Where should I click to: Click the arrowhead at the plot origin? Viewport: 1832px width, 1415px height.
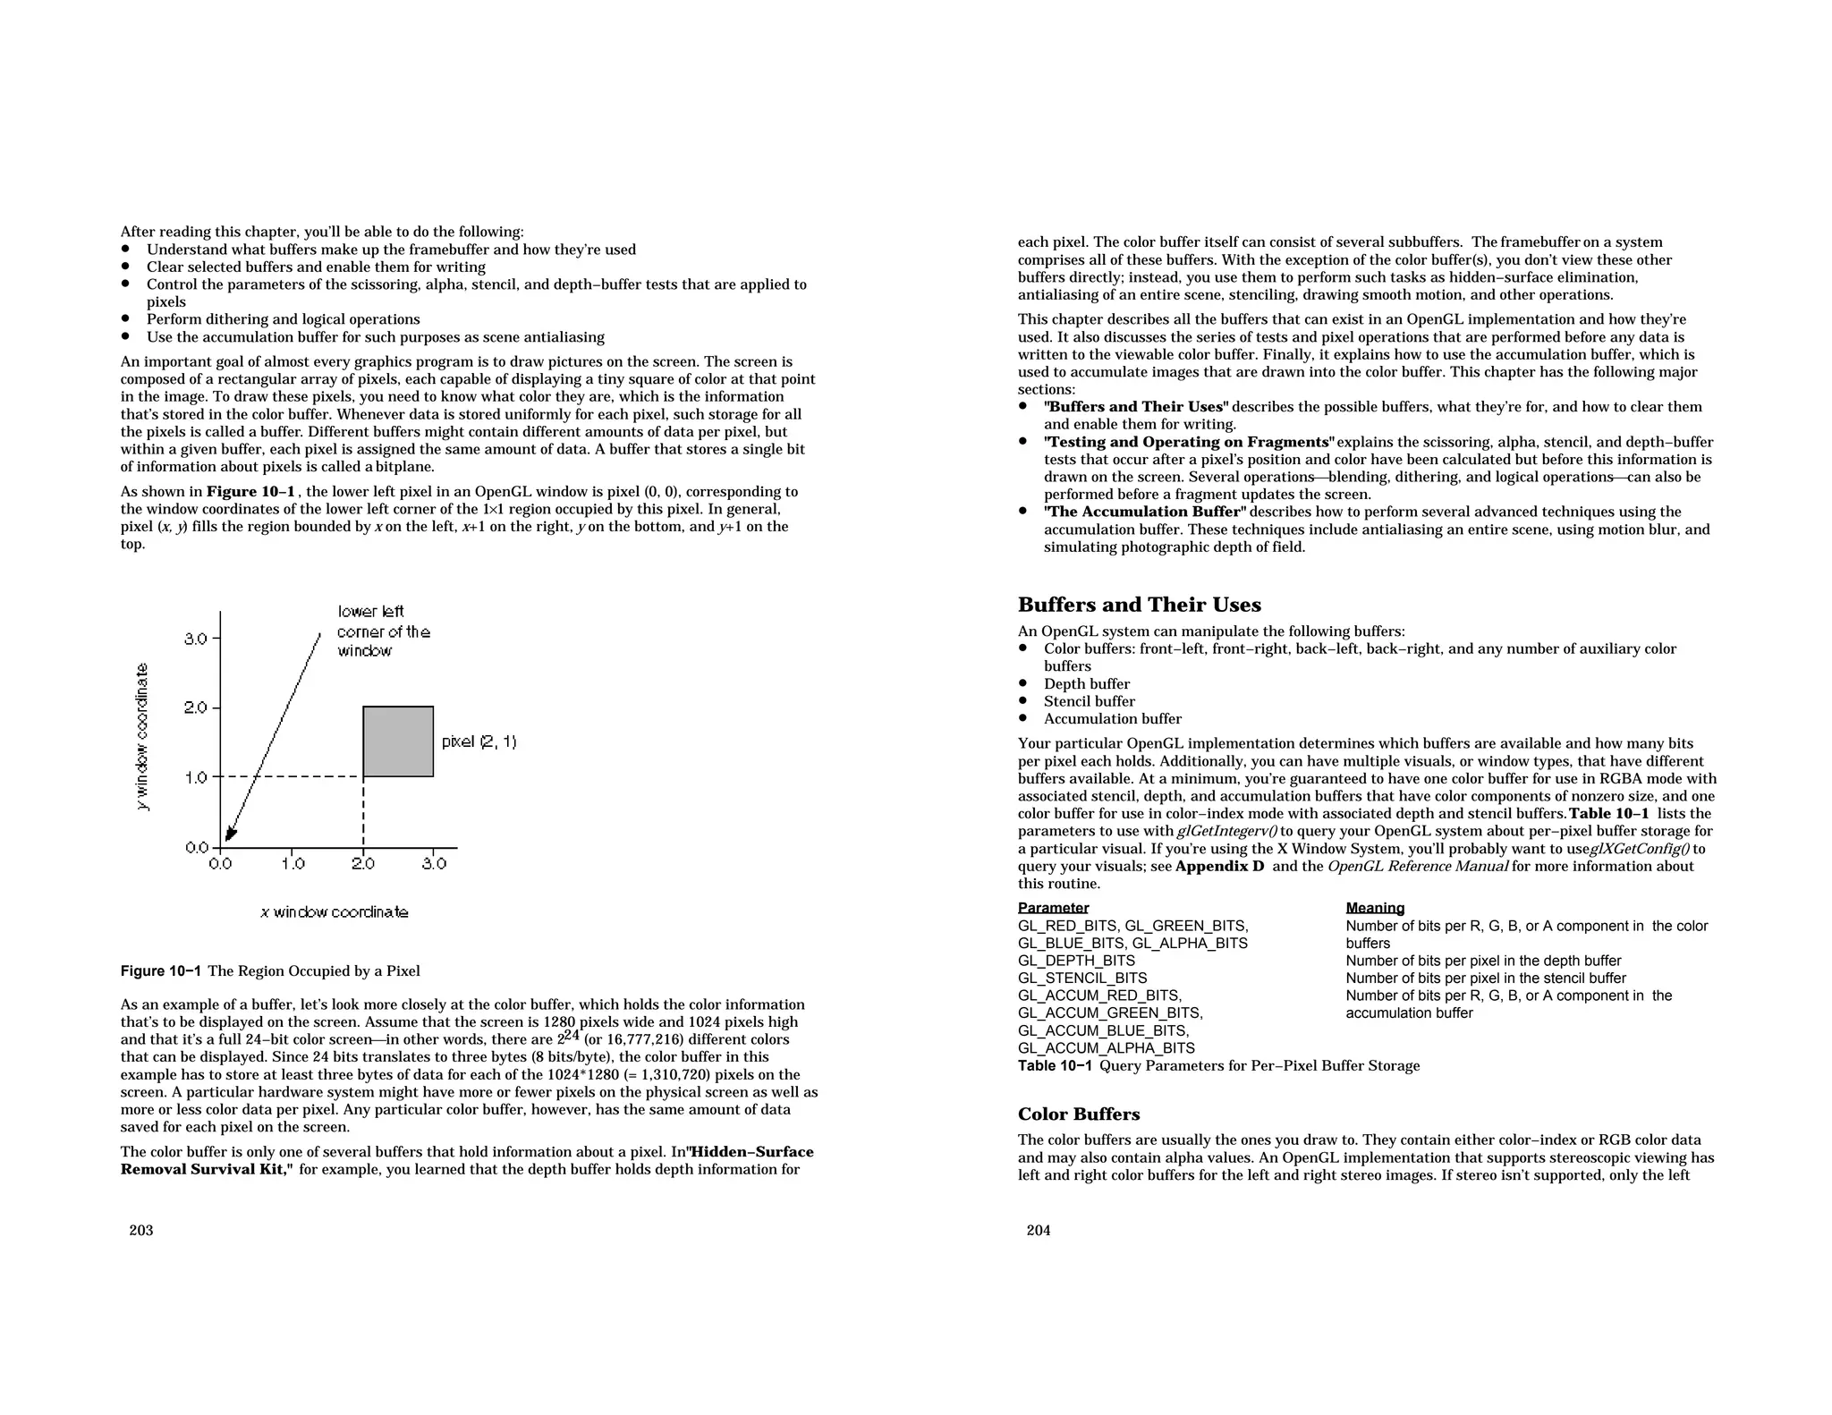pos(229,835)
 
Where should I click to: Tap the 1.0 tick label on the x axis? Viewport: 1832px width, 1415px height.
pos(293,864)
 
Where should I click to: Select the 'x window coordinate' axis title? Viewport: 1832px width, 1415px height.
pos(335,912)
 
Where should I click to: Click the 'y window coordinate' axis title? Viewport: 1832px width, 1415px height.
pos(142,737)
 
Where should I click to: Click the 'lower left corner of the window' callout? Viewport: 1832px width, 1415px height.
pos(383,631)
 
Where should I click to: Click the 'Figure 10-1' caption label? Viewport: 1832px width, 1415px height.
pos(161,971)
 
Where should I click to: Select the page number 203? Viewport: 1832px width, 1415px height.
pos(141,1231)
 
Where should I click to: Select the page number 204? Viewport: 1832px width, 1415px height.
pos(1039,1231)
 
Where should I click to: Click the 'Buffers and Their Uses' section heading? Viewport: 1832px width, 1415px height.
pos(1139,606)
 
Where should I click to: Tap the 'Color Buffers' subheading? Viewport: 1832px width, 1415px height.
pos(1078,1114)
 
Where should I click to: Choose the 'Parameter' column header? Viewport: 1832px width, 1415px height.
pos(1053,908)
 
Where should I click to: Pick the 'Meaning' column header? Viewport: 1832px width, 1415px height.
pos(1375,908)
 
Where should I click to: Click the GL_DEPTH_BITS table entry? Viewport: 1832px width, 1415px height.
pos(1076,961)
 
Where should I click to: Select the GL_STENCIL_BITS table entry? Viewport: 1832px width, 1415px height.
pos(1082,979)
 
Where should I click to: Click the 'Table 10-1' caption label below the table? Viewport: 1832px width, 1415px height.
pos(1055,1066)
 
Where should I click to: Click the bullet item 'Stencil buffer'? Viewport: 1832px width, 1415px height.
pos(1089,702)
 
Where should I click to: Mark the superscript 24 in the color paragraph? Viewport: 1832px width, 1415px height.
pos(572,1036)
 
